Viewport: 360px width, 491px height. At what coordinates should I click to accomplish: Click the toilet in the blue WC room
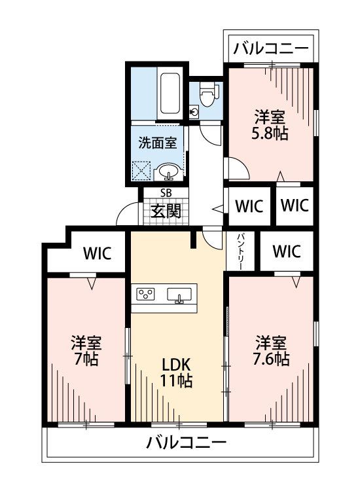click(x=206, y=94)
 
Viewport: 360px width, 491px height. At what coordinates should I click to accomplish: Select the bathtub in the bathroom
click(x=170, y=94)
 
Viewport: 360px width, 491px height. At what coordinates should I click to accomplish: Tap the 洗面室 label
click(x=158, y=143)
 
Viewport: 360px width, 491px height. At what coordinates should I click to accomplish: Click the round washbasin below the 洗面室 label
click(x=169, y=172)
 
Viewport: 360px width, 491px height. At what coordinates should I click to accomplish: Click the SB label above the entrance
click(x=166, y=193)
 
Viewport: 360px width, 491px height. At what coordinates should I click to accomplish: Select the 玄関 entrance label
click(x=166, y=211)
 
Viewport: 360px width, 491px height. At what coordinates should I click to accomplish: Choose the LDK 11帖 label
click(x=176, y=373)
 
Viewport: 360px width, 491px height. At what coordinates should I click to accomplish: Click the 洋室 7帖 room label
click(x=86, y=351)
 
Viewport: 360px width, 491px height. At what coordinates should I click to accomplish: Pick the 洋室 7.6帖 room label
click(x=271, y=351)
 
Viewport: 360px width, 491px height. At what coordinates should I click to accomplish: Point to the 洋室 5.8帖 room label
click(x=270, y=124)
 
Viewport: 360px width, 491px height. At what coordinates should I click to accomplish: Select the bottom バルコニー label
click(x=187, y=443)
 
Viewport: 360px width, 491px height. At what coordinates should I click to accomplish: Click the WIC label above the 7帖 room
click(x=98, y=253)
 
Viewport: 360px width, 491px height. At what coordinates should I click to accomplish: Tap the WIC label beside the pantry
click(x=287, y=251)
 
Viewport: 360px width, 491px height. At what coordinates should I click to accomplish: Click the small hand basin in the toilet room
click(x=194, y=111)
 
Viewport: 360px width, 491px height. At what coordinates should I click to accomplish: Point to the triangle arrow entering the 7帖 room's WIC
click(x=92, y=283)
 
